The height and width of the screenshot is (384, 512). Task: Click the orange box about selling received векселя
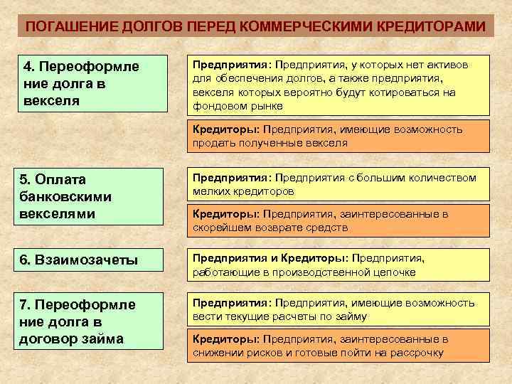click(x=338, y=136)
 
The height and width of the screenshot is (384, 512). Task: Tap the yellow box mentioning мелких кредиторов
click(x=338, y=184)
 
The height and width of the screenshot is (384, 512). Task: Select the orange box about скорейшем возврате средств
click(x=338, y=220)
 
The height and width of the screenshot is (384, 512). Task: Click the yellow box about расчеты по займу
click(x=338, y=309)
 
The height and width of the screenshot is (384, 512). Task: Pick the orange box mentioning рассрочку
click(x=338, y=346)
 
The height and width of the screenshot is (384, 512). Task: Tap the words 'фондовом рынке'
click(x=238, y=106)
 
